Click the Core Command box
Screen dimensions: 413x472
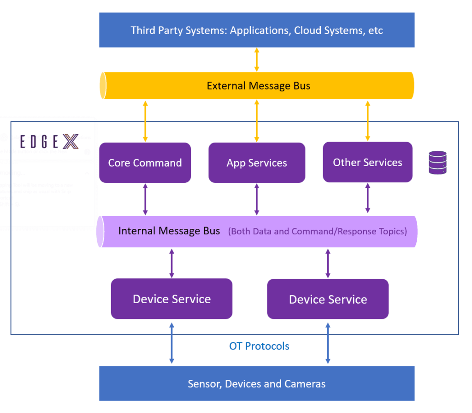point(145,162)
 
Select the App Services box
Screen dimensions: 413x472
point(257,162)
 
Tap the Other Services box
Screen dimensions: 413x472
point(367,162)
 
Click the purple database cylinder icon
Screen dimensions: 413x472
point(437,162)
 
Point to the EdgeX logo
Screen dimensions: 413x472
point(49,142)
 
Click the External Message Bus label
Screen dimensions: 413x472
point(258,86)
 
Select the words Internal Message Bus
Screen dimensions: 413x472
point(169,231)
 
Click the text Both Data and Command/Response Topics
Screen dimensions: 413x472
point(318,231)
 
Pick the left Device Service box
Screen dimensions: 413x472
point(171,299)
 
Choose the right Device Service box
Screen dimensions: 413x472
point(328,299)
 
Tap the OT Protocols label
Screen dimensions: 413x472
point(259,346)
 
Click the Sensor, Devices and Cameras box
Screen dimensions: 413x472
point(257,383)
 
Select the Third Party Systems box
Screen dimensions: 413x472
point(257,30)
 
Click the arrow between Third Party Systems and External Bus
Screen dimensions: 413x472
point(257,59)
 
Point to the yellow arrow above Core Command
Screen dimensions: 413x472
point(145,121)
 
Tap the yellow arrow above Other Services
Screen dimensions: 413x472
point(367,121)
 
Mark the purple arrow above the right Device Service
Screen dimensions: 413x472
point(328,263)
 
